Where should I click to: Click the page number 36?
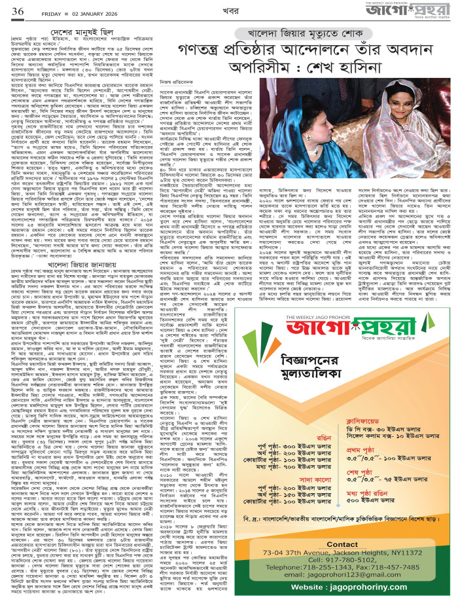(16, 11)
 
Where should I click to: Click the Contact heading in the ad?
(342, 544)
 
